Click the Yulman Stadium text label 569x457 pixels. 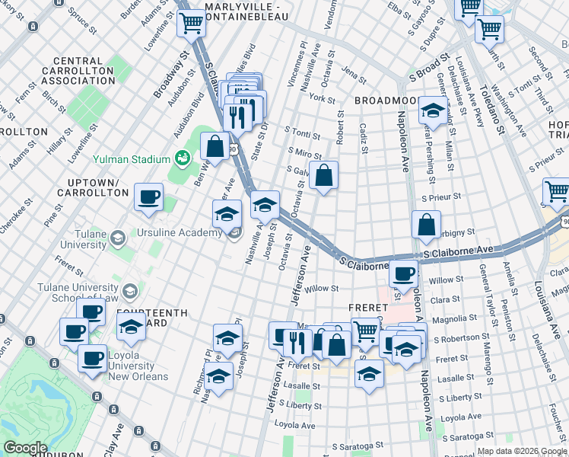pos(130,159)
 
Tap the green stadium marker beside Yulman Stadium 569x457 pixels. pos(182,158)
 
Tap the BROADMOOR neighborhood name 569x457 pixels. pos(386,101)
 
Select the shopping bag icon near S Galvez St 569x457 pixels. pos(323,175)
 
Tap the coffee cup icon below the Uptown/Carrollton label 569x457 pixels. pos(148,197)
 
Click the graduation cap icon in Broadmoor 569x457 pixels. pos(433,110)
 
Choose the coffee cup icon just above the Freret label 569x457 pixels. pos(404,272)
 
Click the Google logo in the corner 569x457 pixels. pos(25,448)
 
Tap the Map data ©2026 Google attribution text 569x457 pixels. pos(521,451)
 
